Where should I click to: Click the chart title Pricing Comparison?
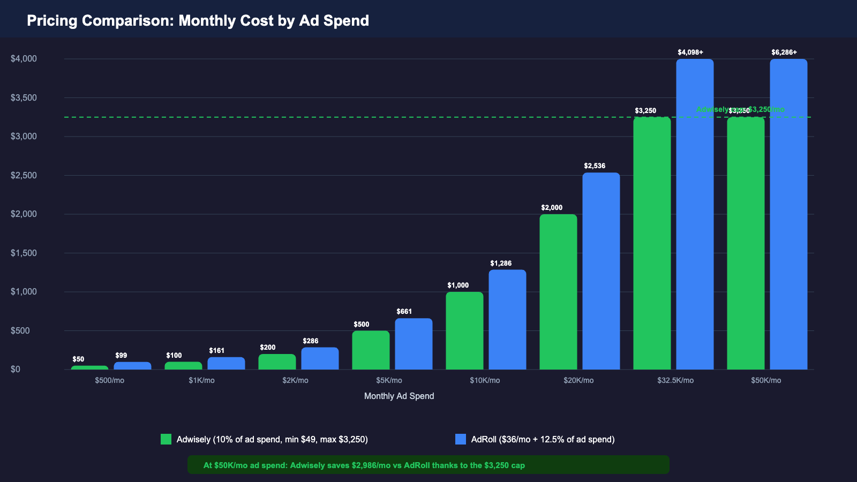coord(198,20)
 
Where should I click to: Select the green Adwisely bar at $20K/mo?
coord(558,292)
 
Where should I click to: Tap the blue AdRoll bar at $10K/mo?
coord(507,320)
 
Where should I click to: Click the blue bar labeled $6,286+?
coord(788,214)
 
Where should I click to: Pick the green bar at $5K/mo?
coord(371,350)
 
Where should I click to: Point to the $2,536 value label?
coord(595,166)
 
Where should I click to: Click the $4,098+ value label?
coord(690,52)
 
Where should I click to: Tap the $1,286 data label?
coord(501,263)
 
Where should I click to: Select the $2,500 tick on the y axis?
coord(24,176)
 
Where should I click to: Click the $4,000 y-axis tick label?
coord(24,59)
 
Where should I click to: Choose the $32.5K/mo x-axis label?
coord(675,381)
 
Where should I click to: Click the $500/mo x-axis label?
coord(109,381)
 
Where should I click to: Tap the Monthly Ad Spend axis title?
coord(399,396)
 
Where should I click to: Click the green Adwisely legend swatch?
coord(166,439)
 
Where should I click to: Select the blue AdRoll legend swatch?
coord(461,439)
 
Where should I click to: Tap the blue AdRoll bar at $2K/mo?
coord(320,359)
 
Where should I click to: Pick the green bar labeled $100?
coord(183,366)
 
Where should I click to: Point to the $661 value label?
coord(404,312)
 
